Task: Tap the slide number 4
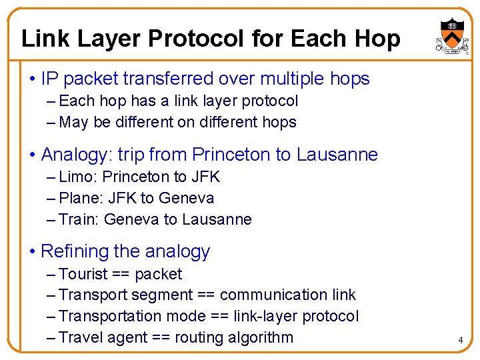point(460,341)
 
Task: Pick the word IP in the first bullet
point(49,79)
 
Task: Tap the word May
point(73,123)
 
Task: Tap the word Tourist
point(83,274)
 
